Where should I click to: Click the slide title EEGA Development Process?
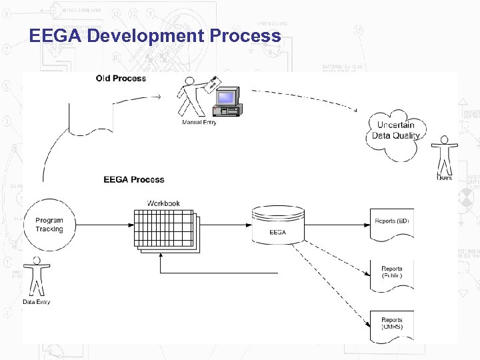pos(155,35)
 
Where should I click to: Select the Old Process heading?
pos(121,78)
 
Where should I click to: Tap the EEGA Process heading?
pos(133,179)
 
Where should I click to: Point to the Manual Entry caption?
pos(199,122)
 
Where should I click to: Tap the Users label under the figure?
pos(444,178)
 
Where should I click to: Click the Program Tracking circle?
pos(49,225)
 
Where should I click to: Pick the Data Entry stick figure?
pos(37,276)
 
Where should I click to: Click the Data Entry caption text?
pos(36,302)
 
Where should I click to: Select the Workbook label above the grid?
pos(163,203)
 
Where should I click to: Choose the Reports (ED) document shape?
pos(392,224)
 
